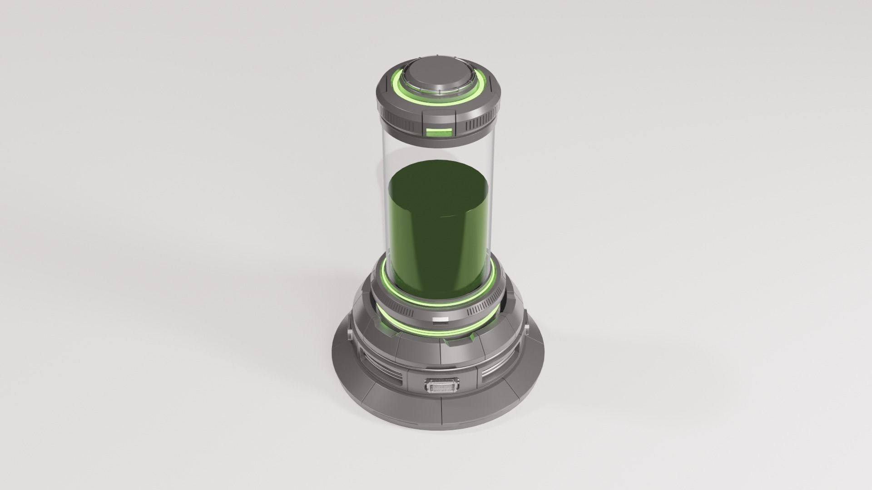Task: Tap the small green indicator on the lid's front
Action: click(x=439, y=133)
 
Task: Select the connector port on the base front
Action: click(x=440, y=374)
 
